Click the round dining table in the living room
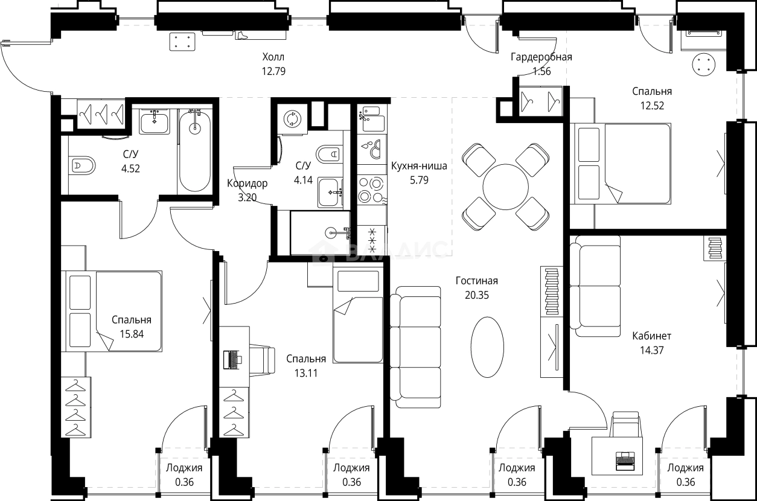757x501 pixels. [505, 187]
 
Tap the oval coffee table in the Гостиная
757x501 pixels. [487, 347]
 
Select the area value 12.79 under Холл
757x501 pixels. [273, 71]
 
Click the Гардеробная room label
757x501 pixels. [541, 57]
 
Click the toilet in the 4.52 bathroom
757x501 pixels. [81, 165]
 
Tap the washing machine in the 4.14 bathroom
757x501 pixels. [292, 119]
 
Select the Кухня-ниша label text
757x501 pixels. [419, 166]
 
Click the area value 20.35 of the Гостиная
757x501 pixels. [477, 295]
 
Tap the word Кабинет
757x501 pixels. [651, 336]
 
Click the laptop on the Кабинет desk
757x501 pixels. [625, 461]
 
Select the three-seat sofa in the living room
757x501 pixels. [415, 347]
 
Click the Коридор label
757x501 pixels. [247, 183]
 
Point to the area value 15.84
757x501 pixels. [132, 334]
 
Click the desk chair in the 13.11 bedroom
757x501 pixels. [263, 360]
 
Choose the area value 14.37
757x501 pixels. [651, 350]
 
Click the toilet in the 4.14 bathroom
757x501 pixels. [329, 155]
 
